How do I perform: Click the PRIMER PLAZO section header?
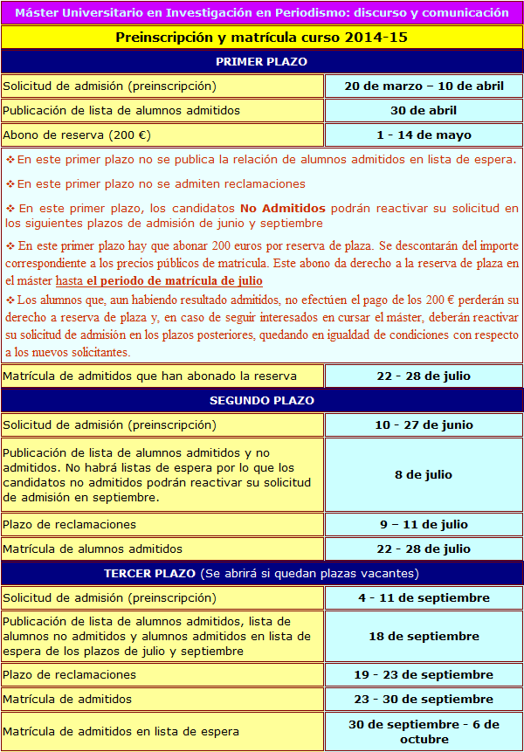point(261,61)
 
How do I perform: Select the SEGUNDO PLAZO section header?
point(261,400)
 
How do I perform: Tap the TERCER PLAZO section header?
point(261,573)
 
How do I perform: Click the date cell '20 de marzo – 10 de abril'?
point(424,86)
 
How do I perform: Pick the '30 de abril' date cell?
point(424,110)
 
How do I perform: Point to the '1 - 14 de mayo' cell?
point(424,135)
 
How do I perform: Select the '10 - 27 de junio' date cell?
point(424,424)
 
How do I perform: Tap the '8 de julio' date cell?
point(424,474)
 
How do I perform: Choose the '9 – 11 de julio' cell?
point(424,524)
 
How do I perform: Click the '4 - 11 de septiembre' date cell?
point(424,597)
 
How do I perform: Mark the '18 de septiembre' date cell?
point(424,636)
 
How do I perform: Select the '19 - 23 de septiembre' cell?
point(424,674)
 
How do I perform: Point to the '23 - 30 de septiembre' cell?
point(424,699)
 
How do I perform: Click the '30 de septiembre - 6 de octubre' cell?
point(424,731)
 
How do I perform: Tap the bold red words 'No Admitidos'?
point(283,208)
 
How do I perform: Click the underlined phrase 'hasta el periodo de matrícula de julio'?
point(159,280)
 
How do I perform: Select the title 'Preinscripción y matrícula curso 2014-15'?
point(261,37)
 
